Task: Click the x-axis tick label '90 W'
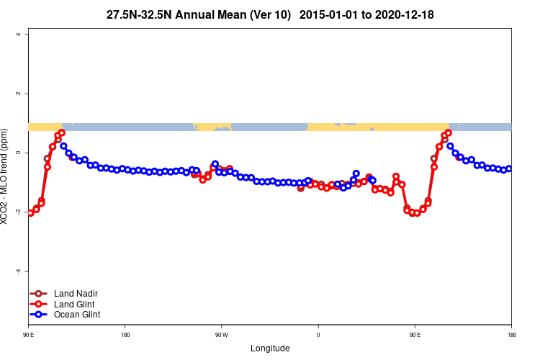pyautogui.click(x=221, y=335)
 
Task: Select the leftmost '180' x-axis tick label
pyautogui.click(x=125, y=335)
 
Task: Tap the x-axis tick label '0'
pyautogui.click(x=318, y=335)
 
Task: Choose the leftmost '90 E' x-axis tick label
pyautogui.click(x=29, y=335)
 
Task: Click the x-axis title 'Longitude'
pyautogui.click(x=270, y=348)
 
